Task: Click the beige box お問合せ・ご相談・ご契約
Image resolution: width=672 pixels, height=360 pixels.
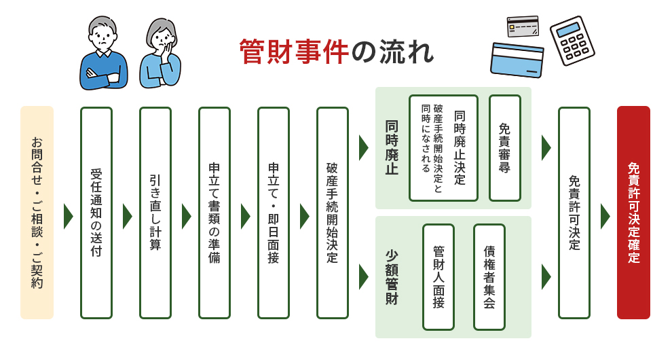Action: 37,213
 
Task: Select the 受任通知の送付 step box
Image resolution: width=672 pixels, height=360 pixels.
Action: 96,213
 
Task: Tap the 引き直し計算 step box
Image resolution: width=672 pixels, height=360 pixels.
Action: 155,213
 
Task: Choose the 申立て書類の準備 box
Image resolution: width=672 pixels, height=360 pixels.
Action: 214,213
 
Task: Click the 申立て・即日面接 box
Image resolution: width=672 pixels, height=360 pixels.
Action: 273,213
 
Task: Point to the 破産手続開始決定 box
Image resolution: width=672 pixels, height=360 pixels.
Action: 332,213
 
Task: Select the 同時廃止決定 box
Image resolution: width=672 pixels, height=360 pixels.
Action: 443,148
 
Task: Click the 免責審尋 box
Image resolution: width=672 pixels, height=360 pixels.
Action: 504,148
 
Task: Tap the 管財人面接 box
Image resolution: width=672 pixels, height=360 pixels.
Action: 438,277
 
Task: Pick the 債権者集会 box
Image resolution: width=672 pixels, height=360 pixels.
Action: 489,277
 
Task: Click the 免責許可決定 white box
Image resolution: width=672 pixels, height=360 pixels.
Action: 574,213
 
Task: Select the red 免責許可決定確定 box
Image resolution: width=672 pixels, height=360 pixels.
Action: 633,213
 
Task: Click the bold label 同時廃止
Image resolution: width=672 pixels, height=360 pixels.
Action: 392,148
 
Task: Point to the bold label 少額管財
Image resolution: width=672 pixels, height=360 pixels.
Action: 392,277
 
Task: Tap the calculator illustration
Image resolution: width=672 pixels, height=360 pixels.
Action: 572,40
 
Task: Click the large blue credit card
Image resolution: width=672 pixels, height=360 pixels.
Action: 517,60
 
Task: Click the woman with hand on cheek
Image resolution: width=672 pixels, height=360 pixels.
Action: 160,54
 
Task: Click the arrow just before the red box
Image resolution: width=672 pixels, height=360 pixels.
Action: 605,216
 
